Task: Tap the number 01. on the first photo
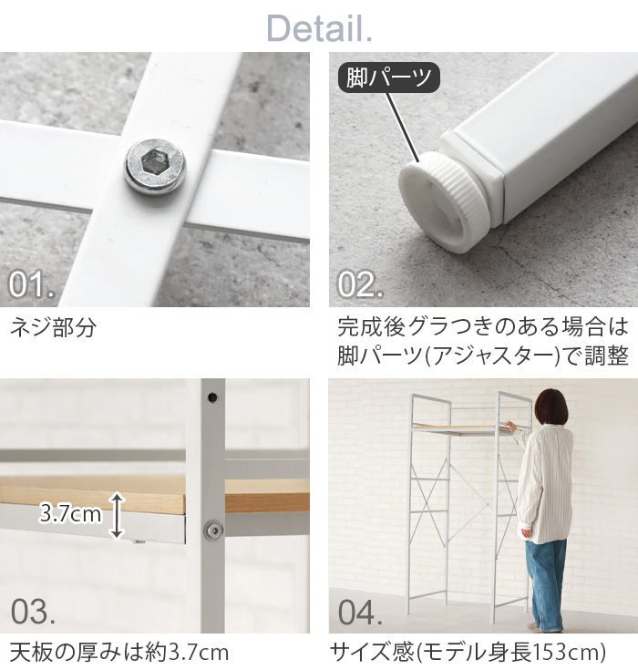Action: [33, 284]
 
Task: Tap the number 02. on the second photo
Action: [361, 284]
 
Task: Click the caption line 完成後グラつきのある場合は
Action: [483, 325]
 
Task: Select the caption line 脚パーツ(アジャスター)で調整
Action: [483, 356]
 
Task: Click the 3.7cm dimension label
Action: [70, 515]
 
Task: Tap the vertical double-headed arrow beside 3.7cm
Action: [117, 515]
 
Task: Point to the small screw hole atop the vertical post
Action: [211, 397]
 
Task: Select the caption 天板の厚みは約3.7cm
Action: [119, 653]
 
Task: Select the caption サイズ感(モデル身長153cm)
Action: [468, 653]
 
